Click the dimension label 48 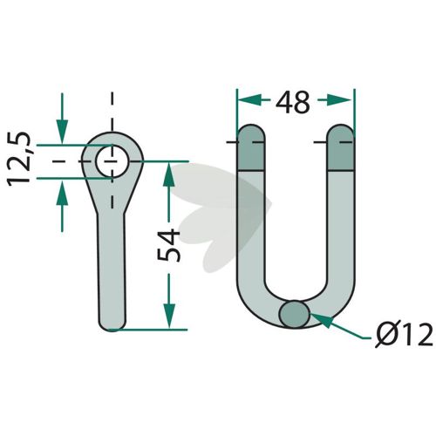tap(293, 102)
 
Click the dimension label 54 tap(168, 245)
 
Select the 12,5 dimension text tap(19, 159)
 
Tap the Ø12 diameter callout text tap(404, 334)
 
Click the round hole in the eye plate tap(112, 161)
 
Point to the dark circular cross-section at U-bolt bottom tap(294, 314)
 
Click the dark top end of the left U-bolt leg tap(251, 147)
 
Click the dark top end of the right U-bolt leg tap(341, 147)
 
